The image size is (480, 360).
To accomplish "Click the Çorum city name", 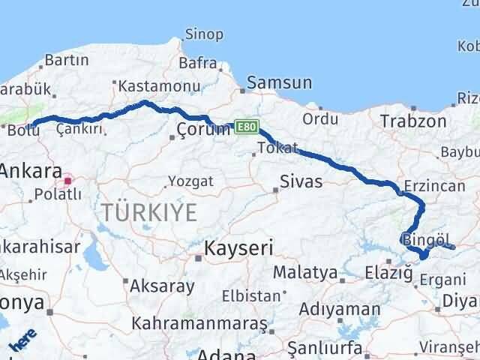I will point(203,129).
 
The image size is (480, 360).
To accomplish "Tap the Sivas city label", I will point(300,181).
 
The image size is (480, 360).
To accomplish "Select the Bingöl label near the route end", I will point(427,240).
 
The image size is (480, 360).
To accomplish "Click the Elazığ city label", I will point(389,273).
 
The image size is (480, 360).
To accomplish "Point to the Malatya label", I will point(305,271).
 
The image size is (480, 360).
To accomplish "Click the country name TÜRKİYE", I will point(150,212).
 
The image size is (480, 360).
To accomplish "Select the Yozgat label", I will point(190,181).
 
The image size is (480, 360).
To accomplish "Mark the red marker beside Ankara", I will point(68,180).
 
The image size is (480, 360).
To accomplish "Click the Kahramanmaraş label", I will point(199,324).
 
